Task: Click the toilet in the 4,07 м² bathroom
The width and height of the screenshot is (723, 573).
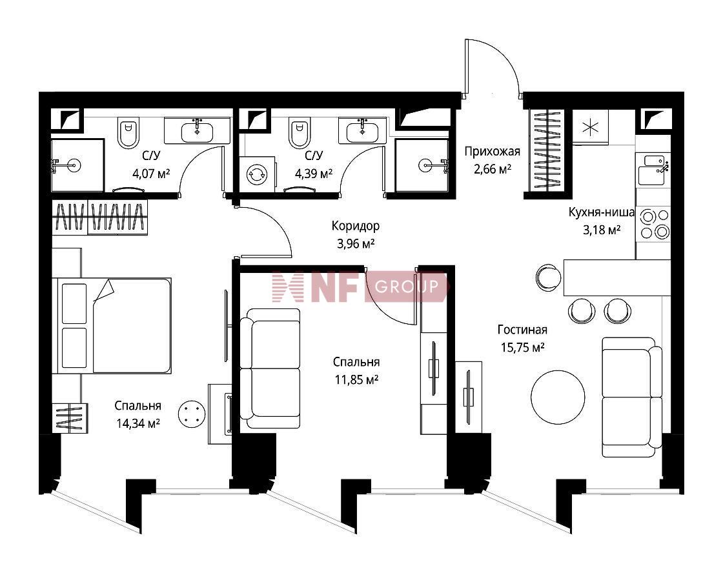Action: [128, 132]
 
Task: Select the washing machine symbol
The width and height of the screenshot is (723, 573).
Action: [257, 174]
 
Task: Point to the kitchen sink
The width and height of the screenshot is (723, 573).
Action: [653, 170]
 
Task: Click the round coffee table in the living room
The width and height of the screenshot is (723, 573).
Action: [558, 397]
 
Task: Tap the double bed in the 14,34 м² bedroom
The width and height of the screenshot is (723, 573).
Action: [112, 325]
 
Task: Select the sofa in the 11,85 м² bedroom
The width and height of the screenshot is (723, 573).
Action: [270, 368]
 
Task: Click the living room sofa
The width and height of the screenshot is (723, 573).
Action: [632, 397]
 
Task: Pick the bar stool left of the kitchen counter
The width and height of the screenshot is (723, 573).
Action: [549, 277]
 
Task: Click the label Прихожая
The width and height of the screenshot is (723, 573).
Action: [492, 151]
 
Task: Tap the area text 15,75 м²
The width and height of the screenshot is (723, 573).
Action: [522, 347]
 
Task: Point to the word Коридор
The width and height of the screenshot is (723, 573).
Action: [356, 226]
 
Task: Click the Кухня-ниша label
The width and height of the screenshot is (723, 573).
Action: [601, 212]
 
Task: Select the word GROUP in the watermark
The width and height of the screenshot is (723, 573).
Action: [406, 286]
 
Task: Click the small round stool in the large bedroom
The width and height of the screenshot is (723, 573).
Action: [191, 414]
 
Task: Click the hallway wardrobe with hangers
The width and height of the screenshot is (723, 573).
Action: [546, 150]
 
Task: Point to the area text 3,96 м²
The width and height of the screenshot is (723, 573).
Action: [356, 243]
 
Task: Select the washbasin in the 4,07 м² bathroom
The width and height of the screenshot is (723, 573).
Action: [198, 130]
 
